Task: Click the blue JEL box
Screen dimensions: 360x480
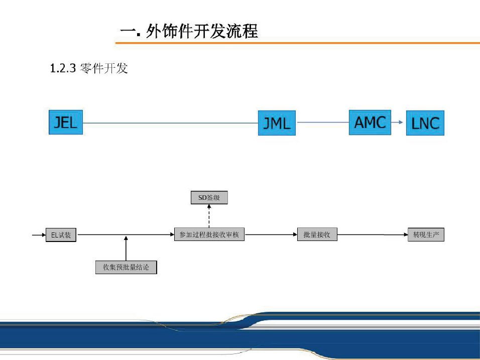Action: tap(65, 122)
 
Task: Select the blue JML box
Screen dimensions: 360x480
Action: tap(277, 124)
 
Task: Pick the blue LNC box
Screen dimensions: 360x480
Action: tap(425, 124)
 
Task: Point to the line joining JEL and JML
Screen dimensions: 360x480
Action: tap(171, 123)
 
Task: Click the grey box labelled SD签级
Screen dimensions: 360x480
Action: tap(209, 198)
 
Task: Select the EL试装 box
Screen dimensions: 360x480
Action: tap(61, 235)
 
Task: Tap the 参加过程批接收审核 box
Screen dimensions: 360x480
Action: tap(209, 234)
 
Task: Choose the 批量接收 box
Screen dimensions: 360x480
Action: tap(317, 234)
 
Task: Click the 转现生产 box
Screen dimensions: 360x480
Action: tap(426, 234)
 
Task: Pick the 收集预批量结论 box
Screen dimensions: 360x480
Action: tap(126, 267)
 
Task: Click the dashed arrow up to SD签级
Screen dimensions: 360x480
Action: tap(209, 216)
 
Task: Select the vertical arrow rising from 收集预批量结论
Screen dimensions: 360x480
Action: tap(126, 249)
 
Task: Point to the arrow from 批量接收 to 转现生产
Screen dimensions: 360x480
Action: tap(372, 234)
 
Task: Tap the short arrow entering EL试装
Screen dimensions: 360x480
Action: tap(38, 234)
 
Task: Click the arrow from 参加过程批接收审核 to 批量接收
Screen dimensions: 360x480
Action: tap(271, 234)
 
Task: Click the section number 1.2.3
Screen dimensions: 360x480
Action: tap(62, 68)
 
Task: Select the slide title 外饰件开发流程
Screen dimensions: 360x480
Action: tap(201, 32)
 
